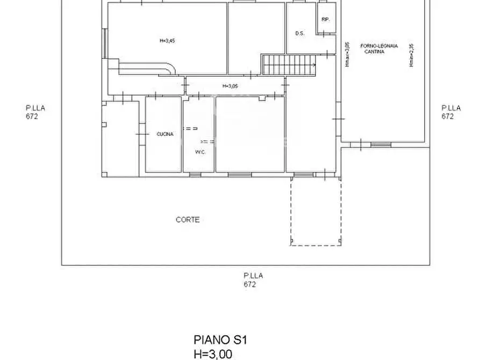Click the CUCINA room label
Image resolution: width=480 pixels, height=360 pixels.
point(165,134)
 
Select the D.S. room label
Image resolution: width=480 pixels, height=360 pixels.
point(300,33)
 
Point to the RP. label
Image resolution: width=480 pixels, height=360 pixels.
point(325,19)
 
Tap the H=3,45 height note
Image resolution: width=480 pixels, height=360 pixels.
point(167,41)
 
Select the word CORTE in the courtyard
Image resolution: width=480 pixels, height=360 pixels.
point(188,220)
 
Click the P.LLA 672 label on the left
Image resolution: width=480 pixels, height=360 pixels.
point(35,112)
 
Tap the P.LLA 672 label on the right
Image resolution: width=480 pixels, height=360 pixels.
point(451,112)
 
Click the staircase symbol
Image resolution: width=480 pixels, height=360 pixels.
point(289,65)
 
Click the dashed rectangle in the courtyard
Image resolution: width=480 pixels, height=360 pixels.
point(316,212)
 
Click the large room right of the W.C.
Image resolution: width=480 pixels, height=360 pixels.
point(249,134)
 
